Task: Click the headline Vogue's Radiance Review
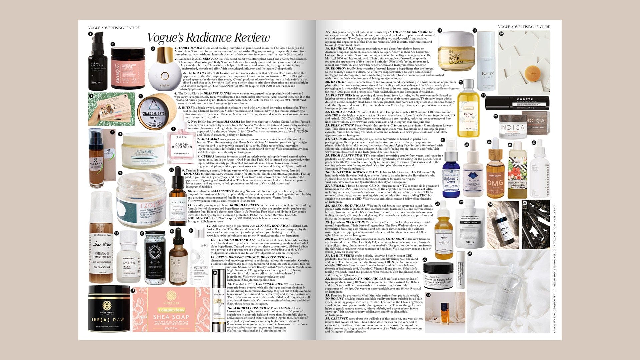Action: (208, 37)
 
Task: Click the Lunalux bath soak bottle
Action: (155, 257)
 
